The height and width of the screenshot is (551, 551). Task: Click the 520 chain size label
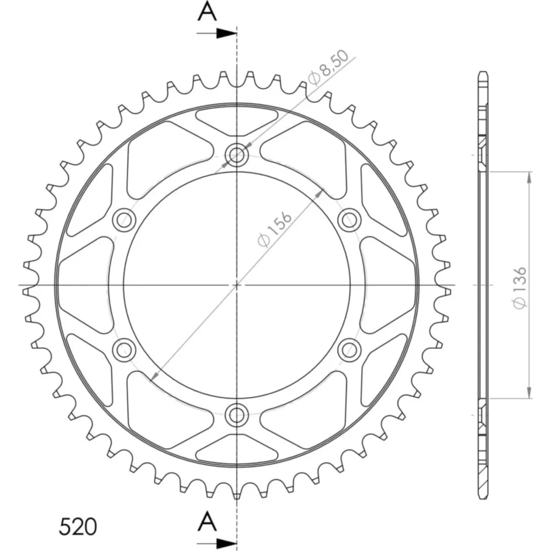pos(78,526)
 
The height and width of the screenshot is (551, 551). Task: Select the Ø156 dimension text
pos(274,229)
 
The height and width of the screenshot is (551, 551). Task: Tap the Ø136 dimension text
pos(520,288)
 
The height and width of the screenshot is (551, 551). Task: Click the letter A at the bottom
pos(207,521)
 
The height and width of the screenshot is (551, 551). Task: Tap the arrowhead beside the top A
pos(226,34)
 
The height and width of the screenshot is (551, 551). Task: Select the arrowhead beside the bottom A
pos(226,543)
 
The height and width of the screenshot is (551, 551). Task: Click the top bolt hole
pos(237,154)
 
